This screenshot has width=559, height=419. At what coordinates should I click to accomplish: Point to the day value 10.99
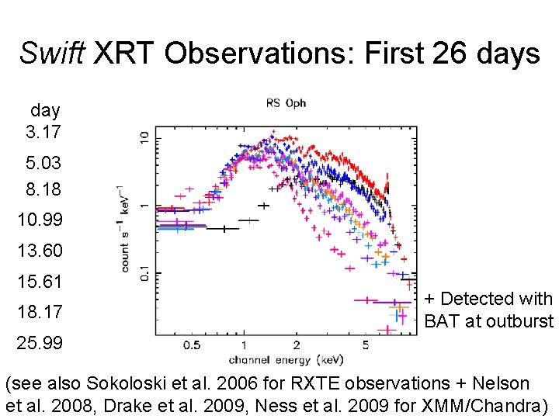pyautogui.click(x=40, y=220)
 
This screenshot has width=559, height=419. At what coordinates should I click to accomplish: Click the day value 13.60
pyautogui.click(x=40, y=251)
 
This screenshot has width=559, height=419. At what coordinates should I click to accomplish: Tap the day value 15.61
pyautogui.click(x=40, y=281)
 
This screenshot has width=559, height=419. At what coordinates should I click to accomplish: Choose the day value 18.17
pyautogui.click(x=40, y=312)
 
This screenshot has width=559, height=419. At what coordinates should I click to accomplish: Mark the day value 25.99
pyautogui.click(x=40, y=343)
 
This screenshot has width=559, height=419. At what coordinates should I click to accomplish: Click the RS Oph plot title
pyautogui.click(x=286, y=103)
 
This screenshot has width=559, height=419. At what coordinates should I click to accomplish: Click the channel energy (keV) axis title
pyautogui.click(x=286, y=359)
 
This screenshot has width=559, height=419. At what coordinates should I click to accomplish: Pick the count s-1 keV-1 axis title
pyautogui.click(x=125, y=228)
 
